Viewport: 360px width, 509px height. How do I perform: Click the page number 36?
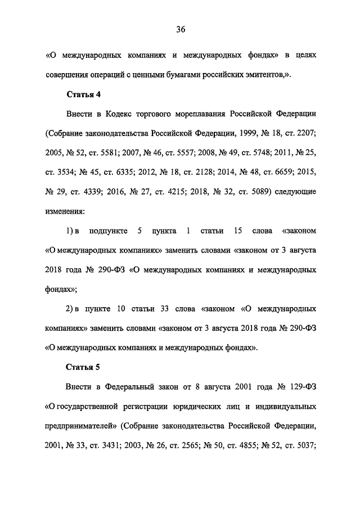(x=180, y=30)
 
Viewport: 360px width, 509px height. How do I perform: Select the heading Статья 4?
(x=83, y=93)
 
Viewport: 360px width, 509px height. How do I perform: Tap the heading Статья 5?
(x=83, y=368)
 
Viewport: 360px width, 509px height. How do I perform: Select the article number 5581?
(x=110, y=152)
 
